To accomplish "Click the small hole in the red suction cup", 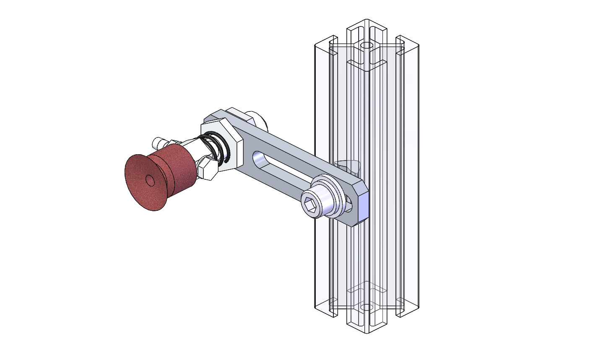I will tap(150, 180).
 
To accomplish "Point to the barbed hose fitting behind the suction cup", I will tap(160, 142).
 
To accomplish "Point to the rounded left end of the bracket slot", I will tap(256, 158).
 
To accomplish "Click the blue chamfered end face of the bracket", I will tap(362, 205).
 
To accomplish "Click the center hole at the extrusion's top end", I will tap(367, 45).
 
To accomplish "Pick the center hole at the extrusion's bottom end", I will tap(367, 307).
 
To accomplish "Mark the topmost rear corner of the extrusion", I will tap(367, 19).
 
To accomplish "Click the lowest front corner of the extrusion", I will tap(367, 334).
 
